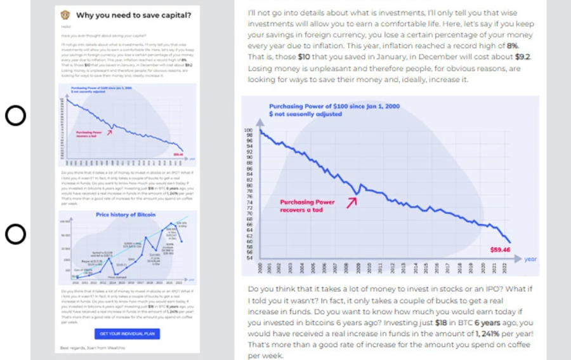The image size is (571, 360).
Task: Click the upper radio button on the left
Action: coord(15,116)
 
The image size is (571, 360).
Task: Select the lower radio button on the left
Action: coord(15,234)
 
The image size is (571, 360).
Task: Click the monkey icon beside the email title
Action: coord(65,15)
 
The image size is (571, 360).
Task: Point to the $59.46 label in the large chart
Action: coord(500,248)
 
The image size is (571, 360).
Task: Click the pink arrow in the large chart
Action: coord(351,201)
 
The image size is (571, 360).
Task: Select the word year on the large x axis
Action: coord(530,259)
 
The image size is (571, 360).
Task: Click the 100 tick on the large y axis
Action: coord(248,130)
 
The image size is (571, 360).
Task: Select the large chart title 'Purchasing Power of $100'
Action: coord(334,106)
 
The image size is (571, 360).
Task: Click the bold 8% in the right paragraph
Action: coord(512,46)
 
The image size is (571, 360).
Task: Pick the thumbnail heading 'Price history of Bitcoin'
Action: coord(125,215)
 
